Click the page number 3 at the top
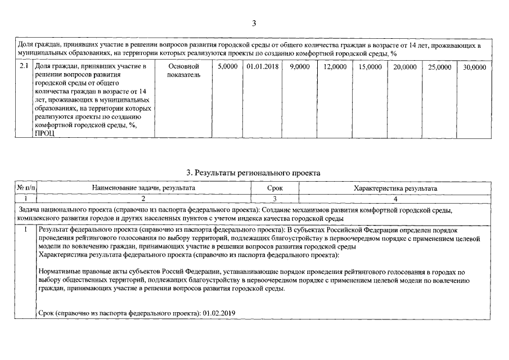click(x=254, y=23)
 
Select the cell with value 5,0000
click(x=227, y=66)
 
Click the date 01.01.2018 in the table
click(x=262, y=66)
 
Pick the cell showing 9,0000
click(x=299, y=66)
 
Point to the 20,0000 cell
click(x=405, y=66)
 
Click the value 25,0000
click(x=440, y=66)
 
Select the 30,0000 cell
click(x=475, y=66)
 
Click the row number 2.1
click(x=24, y=66)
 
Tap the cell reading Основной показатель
click(x=183, y=70)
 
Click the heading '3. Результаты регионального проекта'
click(x=254, y=173)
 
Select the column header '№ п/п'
click(x=25, y=188)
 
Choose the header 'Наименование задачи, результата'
click(x=143, y=188)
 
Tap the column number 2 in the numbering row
click(x=143, y=199)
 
